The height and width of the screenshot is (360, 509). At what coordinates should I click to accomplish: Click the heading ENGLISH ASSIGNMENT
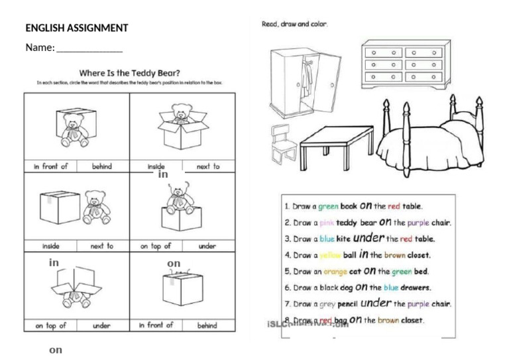(76, 28)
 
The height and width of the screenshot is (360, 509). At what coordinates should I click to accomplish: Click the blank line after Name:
(89, 50)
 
